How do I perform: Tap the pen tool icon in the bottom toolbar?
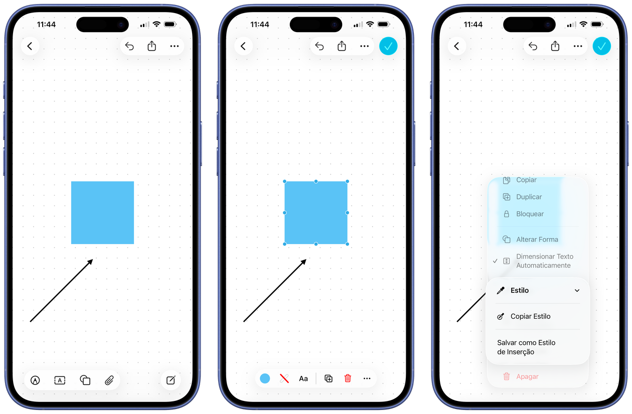tap(35, 380)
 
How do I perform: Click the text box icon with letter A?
tap(60, 380)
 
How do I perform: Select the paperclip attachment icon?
tap(109, 380)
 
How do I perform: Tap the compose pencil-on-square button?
tap(171, 380)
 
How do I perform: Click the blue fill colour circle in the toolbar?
tap(265, 378)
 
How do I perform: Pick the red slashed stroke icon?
tap(284, 378)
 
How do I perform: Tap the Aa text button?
tap(303, 378)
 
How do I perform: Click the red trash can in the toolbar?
tap(348, 378)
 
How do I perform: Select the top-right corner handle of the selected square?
tap(347, 181)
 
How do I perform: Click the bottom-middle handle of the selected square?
tap(316, 244)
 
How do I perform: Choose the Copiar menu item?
tap(526, 180)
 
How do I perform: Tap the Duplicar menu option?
tap(529, 197)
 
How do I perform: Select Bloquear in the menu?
tap(530, 214)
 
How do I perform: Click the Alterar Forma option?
tap(537, 240)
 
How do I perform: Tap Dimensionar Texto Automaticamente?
tap(545, 261)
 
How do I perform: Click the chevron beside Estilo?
tap(577, 291)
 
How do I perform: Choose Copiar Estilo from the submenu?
tap(531, 316)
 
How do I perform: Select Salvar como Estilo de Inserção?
tap(526, 347)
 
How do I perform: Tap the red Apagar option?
tap(527, 376)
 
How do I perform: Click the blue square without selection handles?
tap(102, 213)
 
